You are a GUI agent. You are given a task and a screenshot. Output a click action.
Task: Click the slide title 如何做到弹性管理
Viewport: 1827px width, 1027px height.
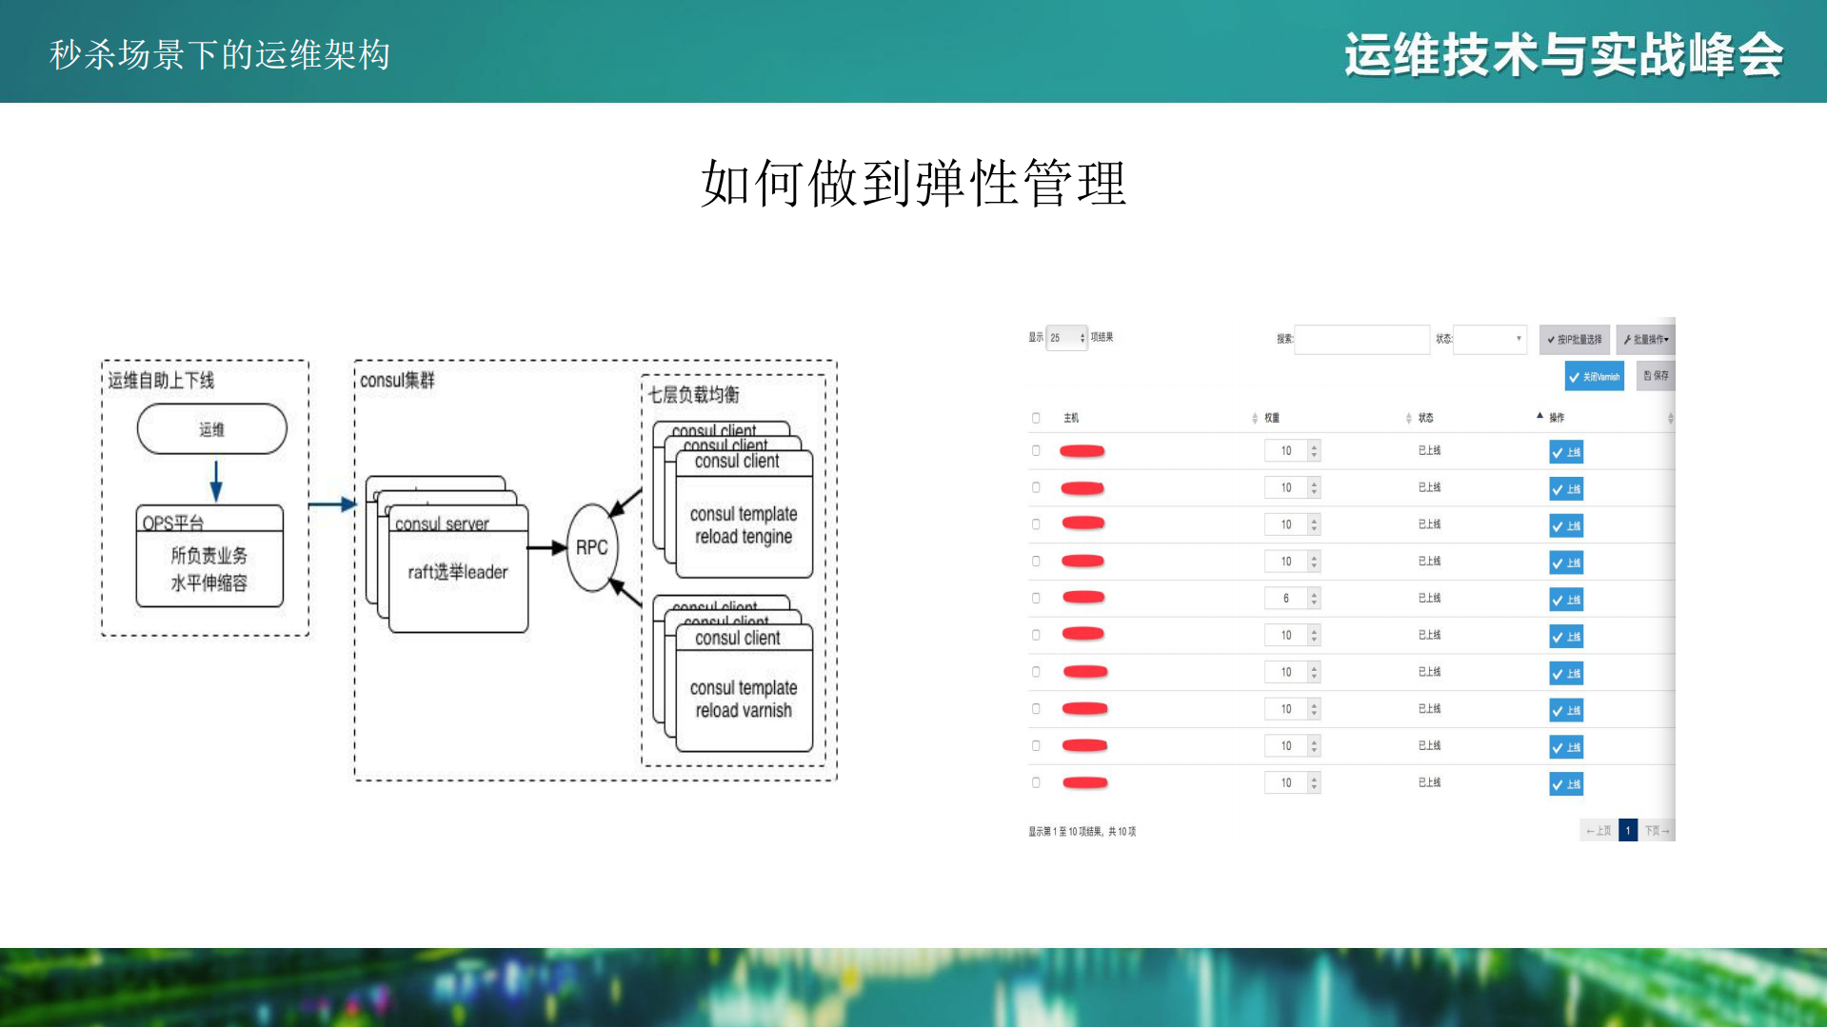pyautogui.click(x=913, y=184)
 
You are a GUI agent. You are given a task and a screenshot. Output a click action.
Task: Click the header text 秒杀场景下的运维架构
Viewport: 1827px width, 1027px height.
pyautogui.click(x=220, y=55)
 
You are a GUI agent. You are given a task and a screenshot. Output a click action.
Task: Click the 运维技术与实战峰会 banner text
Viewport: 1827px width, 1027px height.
pyautogui.click(x=1563, y=55)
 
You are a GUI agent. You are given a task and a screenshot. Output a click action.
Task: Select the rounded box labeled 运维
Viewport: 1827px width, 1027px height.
pyautogui.click(x=211, y=429)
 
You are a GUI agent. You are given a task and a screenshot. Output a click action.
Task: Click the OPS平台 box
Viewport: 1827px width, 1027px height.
pyautogui.click(x=209, y=557)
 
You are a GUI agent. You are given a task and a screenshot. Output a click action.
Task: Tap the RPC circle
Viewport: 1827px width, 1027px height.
pyautogui.click(x=591, y=547)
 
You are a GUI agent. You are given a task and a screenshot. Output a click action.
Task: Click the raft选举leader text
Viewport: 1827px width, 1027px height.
pyautogui.click(x=457, y=572)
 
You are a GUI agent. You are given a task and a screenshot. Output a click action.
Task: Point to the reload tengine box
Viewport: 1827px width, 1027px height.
pyautogui.click(x=743, y=525)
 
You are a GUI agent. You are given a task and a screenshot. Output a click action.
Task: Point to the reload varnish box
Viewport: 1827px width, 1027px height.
pyautogui.click(x=743, y=700)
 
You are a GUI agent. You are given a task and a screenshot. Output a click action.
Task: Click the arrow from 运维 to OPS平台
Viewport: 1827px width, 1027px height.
pyautogui.click(x=216, y=480)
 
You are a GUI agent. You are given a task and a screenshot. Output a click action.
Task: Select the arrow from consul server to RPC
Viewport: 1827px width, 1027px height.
pyautogui.click(x=546, y=547)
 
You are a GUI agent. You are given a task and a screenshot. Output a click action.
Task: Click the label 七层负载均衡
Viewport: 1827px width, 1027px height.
pyautogui.click(x=693, y=394)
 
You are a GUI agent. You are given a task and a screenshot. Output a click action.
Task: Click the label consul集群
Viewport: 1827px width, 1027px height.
pyautogui.click(x=397, y=381)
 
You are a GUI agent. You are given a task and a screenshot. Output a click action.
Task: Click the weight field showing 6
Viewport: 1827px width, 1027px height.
pyautogui.click(x=1286, y=599)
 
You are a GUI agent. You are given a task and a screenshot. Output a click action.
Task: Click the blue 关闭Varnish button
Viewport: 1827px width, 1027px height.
pyautogui.click(x=1594, y=377)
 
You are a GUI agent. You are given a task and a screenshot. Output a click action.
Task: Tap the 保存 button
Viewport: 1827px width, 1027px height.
pyautogui.click(x=1656, y=376)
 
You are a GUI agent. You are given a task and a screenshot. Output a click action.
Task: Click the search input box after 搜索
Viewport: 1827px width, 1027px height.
pyautogui.click(x=1361, y=339)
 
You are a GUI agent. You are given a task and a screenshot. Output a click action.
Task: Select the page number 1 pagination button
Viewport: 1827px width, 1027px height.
pyautogui.click(x=1628, y=831)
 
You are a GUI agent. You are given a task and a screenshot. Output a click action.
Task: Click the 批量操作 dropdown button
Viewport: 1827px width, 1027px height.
pyautogui.click(x=1646, y=339)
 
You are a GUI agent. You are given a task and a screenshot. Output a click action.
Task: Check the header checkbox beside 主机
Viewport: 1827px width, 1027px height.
pyautogui.click(x=1036, y=418)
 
